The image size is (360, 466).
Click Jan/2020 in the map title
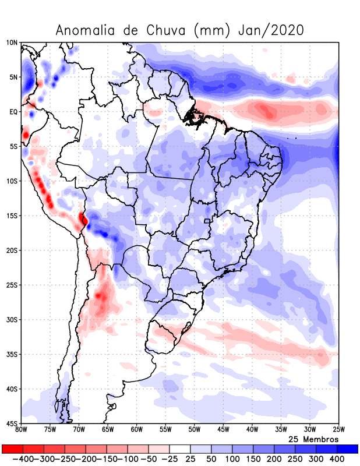point(271,30)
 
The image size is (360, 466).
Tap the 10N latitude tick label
point(12,43)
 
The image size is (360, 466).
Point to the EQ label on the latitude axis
point(13,112)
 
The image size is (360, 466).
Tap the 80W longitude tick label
point(22,430)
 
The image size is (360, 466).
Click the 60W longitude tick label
point(136,430)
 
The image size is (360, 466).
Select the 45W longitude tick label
point(223,430)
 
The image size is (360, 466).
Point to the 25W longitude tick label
point(337,430)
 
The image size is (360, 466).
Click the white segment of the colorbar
point(179,449)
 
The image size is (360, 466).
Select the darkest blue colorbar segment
point(348,449)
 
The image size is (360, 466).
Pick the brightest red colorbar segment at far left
point(12,449)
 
